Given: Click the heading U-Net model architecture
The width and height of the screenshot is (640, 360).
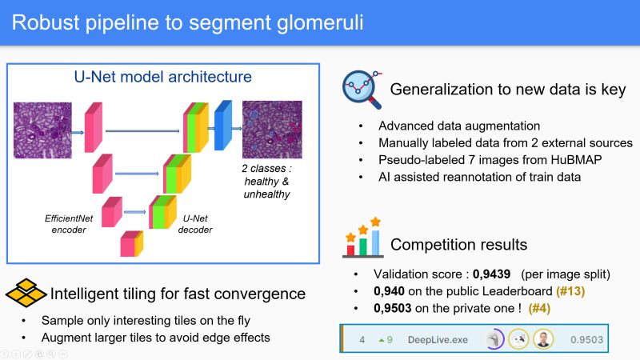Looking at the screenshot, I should (x=162, y=78).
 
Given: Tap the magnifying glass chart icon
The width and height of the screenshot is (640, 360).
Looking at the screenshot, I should (x=360, y=88).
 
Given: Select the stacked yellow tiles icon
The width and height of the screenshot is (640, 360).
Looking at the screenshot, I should (x=25, y=294).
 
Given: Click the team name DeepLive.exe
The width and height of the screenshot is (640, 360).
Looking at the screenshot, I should (x=438, y=339).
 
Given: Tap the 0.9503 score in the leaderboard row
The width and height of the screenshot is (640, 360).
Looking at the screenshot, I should (x=587, y=339).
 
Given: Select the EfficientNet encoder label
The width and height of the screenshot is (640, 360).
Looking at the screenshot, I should (x=63, y=222).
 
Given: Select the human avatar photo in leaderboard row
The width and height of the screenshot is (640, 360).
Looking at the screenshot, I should (x=544, y=339).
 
